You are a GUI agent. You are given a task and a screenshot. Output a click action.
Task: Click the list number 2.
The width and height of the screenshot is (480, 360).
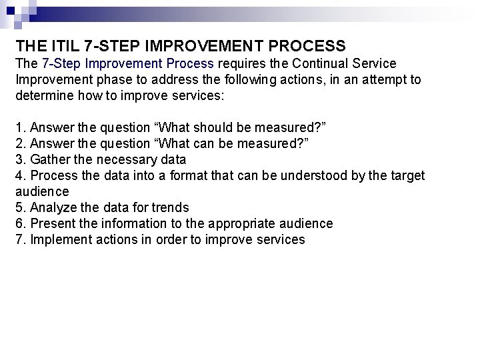19,144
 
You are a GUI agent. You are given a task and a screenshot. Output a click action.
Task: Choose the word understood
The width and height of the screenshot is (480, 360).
317,176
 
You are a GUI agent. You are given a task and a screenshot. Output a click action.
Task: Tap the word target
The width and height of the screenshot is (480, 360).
405,176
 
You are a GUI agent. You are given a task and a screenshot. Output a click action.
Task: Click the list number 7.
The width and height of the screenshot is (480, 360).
19,240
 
